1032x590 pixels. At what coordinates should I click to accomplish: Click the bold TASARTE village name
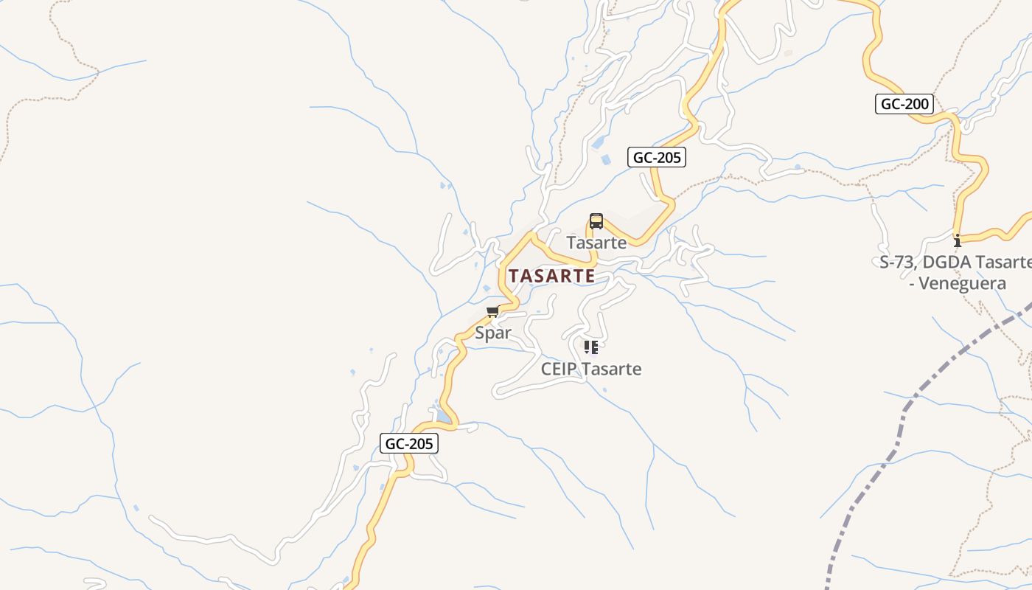(551, 276)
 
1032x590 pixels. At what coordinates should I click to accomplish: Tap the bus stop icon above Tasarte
(596, 221)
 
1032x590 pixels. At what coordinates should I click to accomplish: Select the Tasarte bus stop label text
(596, 243)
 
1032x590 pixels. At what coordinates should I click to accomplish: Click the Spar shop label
(493, 333)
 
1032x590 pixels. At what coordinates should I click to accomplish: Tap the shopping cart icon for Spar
(492, 312)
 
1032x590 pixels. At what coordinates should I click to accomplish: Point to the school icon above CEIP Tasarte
(590, 347)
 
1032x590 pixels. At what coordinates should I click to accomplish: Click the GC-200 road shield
(905, 104)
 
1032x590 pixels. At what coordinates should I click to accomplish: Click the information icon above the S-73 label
(958, 240)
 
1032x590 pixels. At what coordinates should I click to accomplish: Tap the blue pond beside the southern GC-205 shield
(444, 417)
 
